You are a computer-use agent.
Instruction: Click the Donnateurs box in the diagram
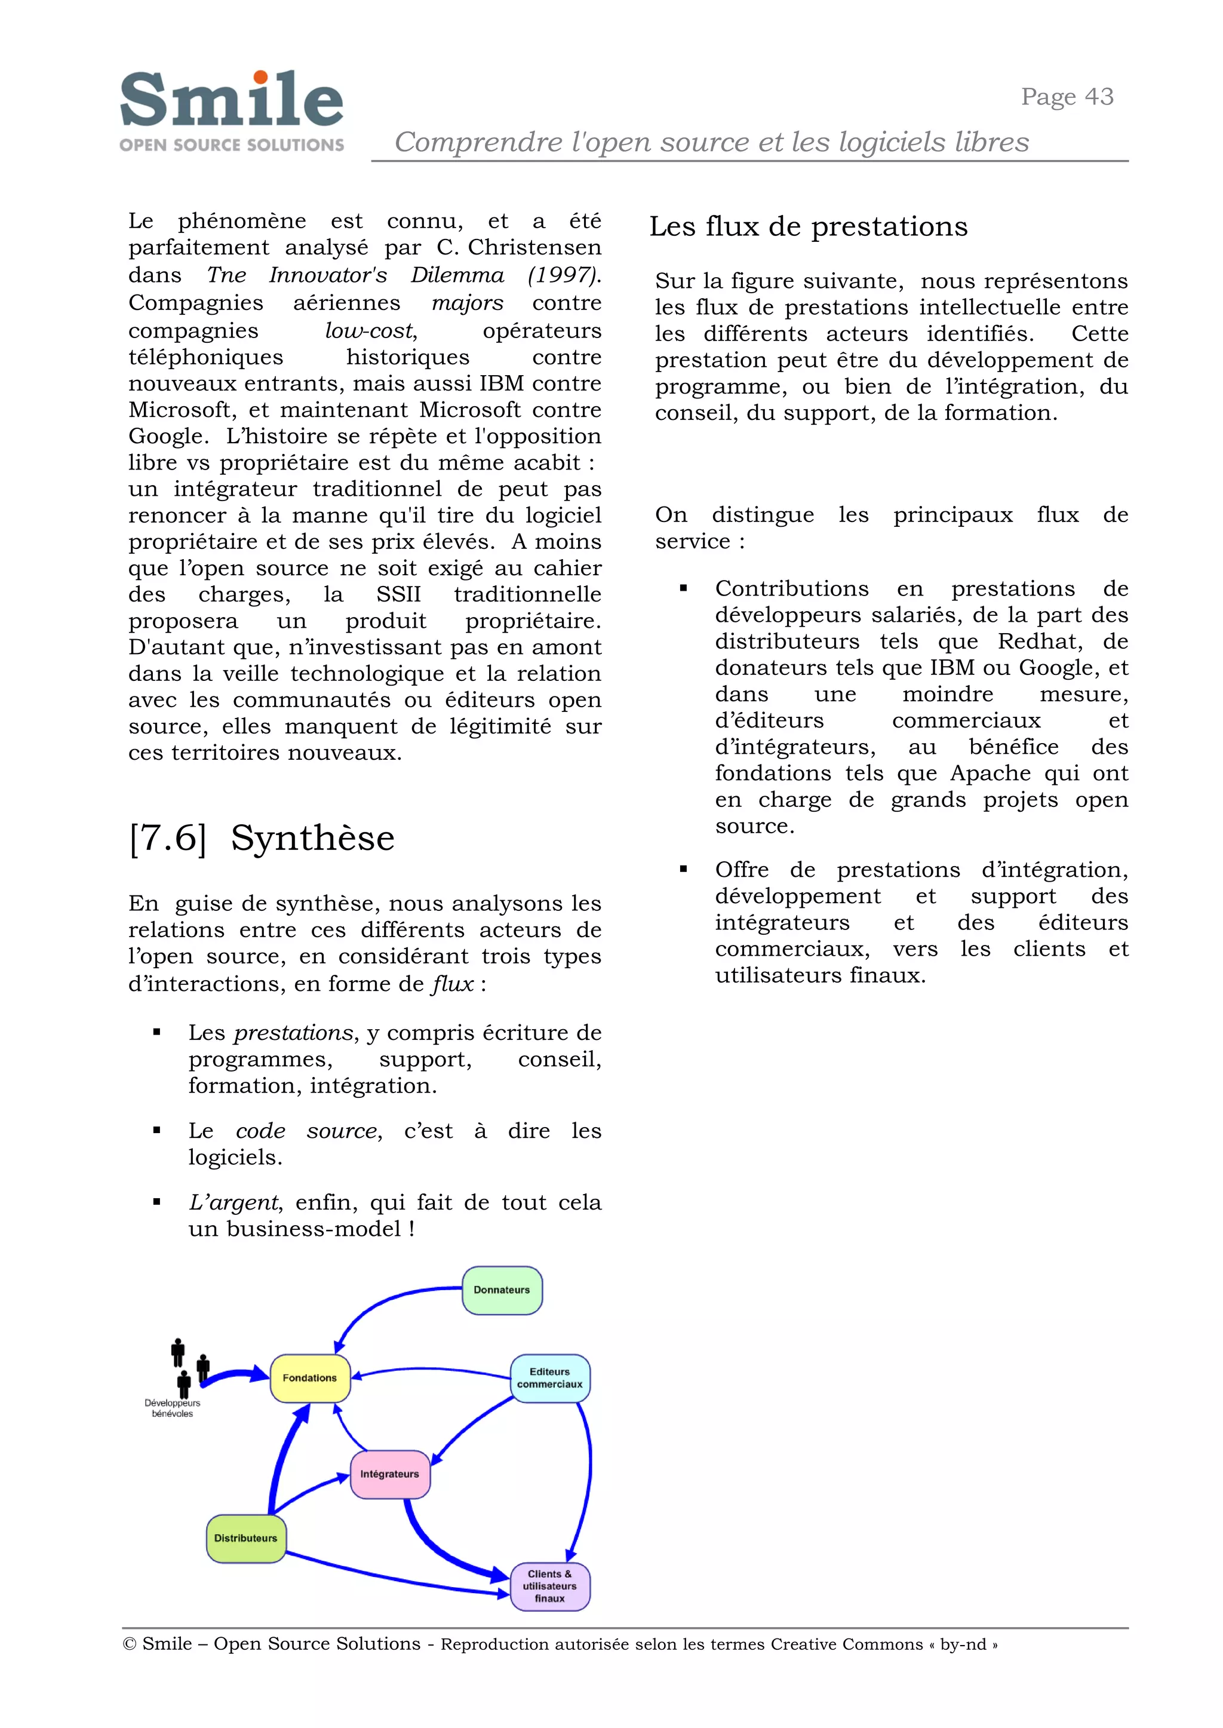click(502, 1290)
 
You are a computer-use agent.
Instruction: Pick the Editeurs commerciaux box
click(550, 1379)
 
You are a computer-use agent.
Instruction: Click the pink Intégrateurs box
click(390, 1474)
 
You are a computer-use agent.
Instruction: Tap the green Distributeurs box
click(245, 1538)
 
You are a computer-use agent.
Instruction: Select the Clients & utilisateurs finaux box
click(550, 1586)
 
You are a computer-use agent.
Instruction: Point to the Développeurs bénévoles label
click(173, 1408)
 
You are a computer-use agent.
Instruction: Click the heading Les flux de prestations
click(808, 227)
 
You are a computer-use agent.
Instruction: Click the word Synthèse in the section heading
click(312, 839)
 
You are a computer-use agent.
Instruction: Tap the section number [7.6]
click(167, 839)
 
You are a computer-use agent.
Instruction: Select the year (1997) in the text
click(564, 275)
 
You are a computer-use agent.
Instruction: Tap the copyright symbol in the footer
click(129, 1644)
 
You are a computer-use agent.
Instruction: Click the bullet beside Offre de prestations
click(684, 869)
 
